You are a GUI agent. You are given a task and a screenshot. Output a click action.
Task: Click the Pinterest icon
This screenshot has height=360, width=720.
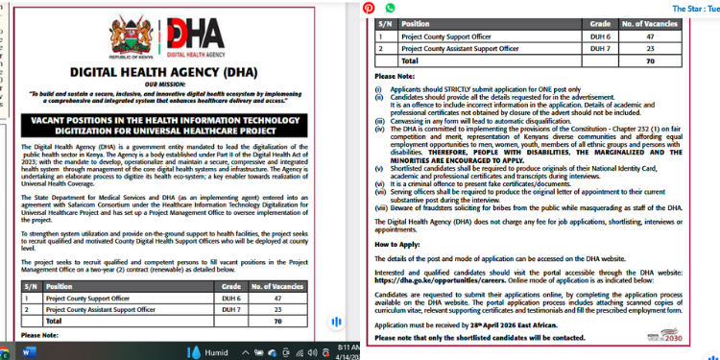pyautogui.click(x=369, y=8)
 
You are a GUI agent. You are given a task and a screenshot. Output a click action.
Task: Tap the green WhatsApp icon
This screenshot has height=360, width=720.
pyautogui.click(x=390, y=8)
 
